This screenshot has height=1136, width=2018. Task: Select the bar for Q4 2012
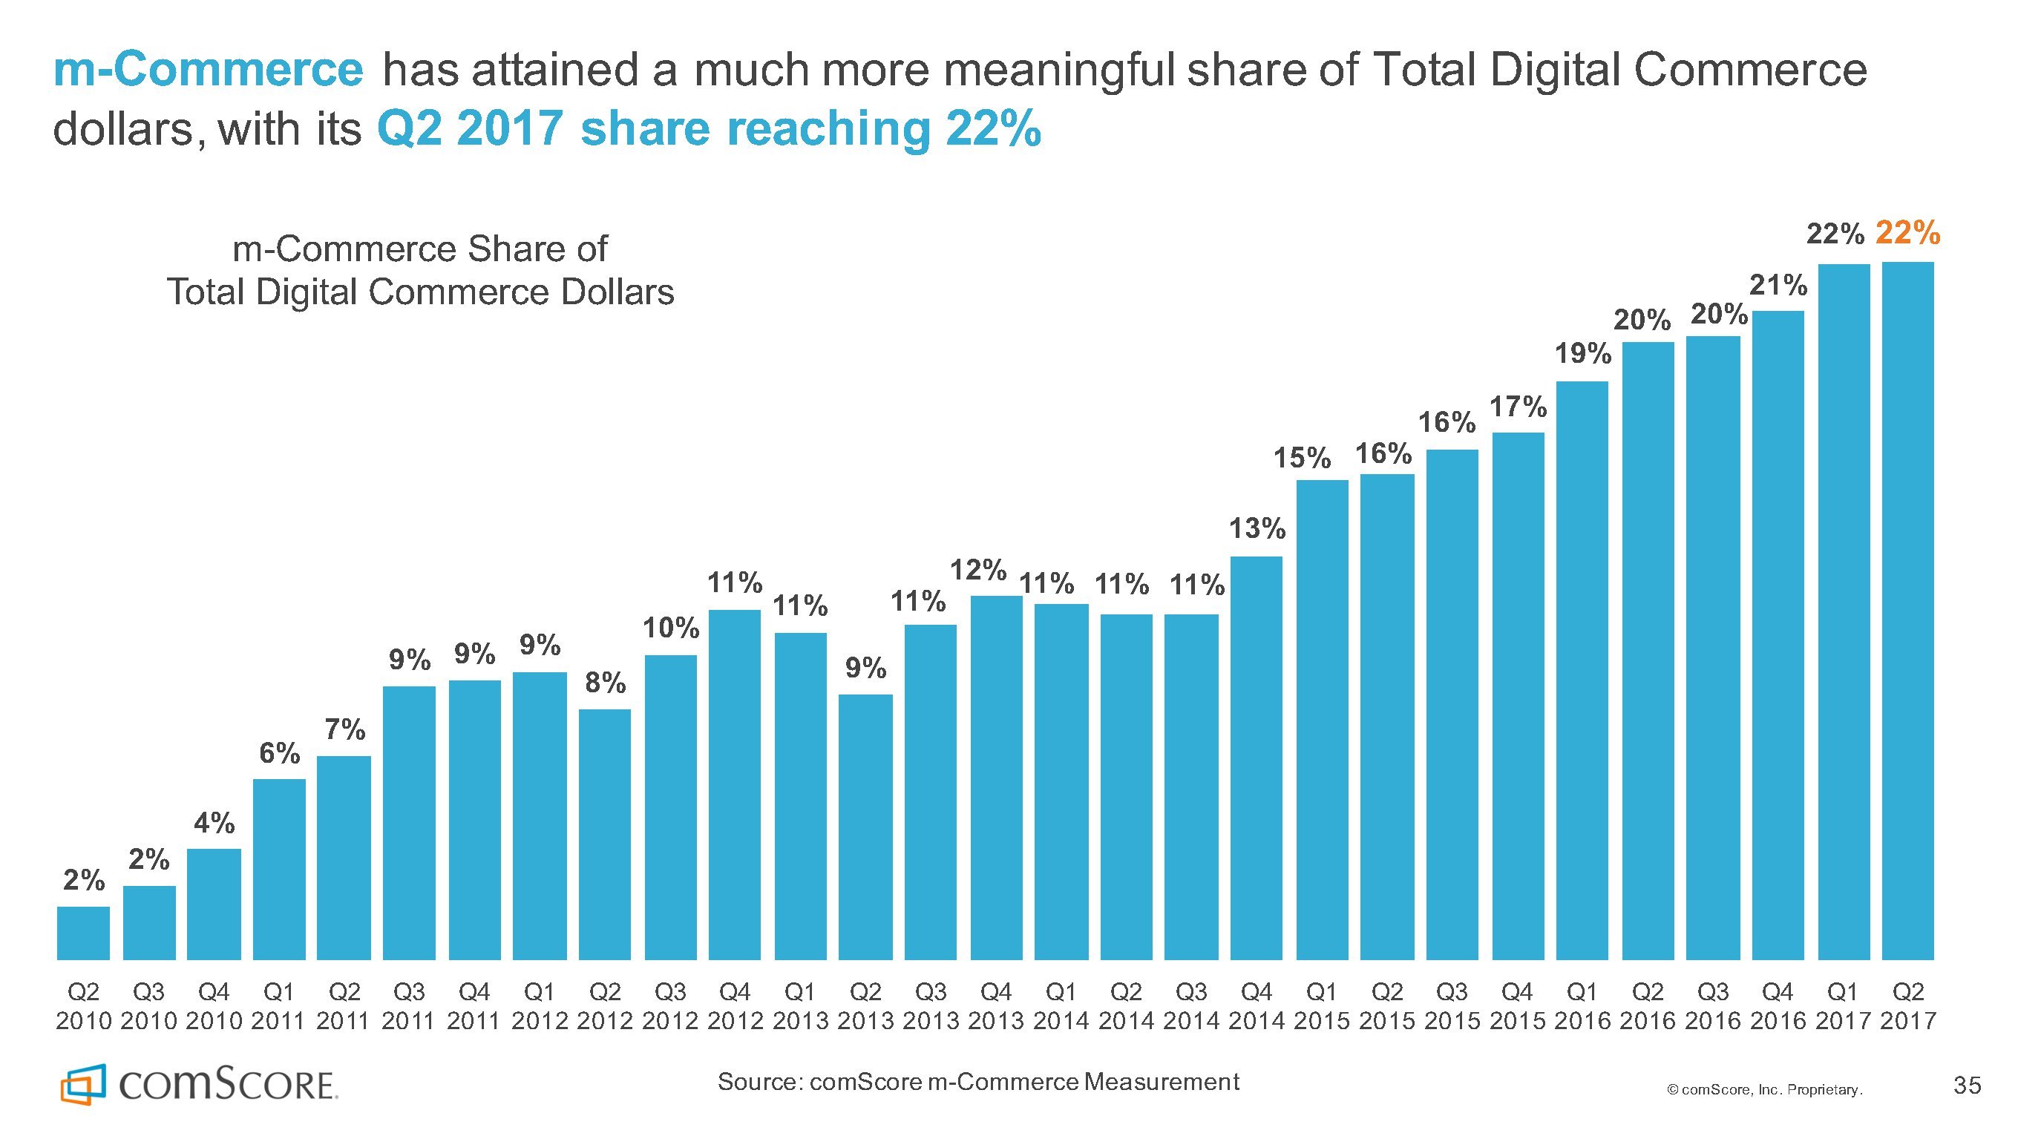click(x=735, y=784)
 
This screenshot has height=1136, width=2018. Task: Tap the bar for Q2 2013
click(x=865, y=827)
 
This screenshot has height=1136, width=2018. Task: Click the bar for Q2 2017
click(x=1907, y=611)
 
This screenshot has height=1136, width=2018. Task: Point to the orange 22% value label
click(x=1908, y=233)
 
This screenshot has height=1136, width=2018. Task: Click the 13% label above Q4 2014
click(x=1257, y=529)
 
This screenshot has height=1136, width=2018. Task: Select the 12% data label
click(x=978, y=570)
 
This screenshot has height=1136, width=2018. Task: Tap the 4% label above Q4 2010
click(x=214, y=823)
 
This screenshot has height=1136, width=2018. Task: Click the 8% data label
click(x=606, y=683)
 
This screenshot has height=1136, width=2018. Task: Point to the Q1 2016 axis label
click(x=1582, y=1006)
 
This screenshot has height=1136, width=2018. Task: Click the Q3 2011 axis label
click(x=409, y=1006)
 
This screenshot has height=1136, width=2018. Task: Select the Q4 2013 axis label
click(x=996, y=1006)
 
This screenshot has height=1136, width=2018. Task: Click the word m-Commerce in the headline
click(x=209, y=70)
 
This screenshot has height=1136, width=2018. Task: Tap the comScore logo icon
click(x=82, y=1084)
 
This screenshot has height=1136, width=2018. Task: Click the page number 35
click(x=1967, y=1085)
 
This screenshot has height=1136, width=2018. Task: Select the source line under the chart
click(x=977, y=1082)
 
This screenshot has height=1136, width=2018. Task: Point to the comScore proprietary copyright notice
click(x=1764, y=1090)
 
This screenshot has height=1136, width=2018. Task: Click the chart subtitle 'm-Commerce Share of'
click(x=420, y=249)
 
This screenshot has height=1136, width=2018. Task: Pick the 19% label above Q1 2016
click(x=1582, y=354)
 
